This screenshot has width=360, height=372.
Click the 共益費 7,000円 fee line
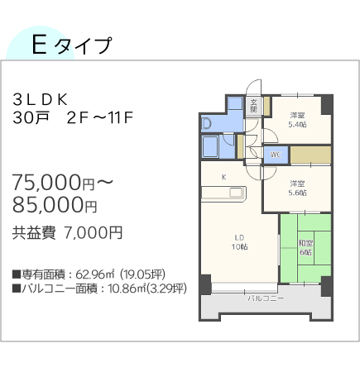tap(67, 233)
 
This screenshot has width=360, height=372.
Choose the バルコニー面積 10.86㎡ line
tap(98, 289)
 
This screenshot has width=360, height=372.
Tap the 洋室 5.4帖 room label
tap(297, 119)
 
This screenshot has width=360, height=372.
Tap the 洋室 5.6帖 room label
tap(297, 188)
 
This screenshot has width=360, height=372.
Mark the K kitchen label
tap(223, 177)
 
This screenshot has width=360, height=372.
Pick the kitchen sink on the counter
tap(237, 194)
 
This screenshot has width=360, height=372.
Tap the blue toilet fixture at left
tap(207, 125)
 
